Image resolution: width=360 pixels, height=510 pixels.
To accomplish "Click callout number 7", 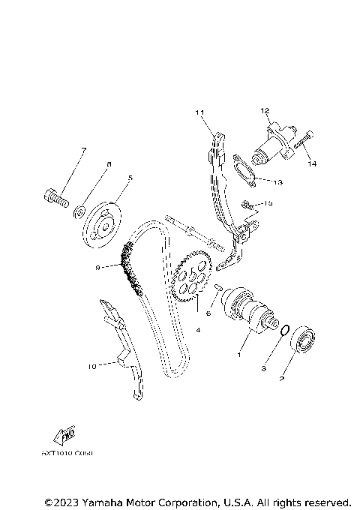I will pyautogui.click(x=82, y=150).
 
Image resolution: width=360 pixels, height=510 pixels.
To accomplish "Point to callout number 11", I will pyautogui.click(x=199, y=113).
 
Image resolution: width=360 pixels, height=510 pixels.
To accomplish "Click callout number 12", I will pyautogui.click(x=264, y=110).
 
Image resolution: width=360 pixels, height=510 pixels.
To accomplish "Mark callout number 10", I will pyautogui.click(x=92, y=367).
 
